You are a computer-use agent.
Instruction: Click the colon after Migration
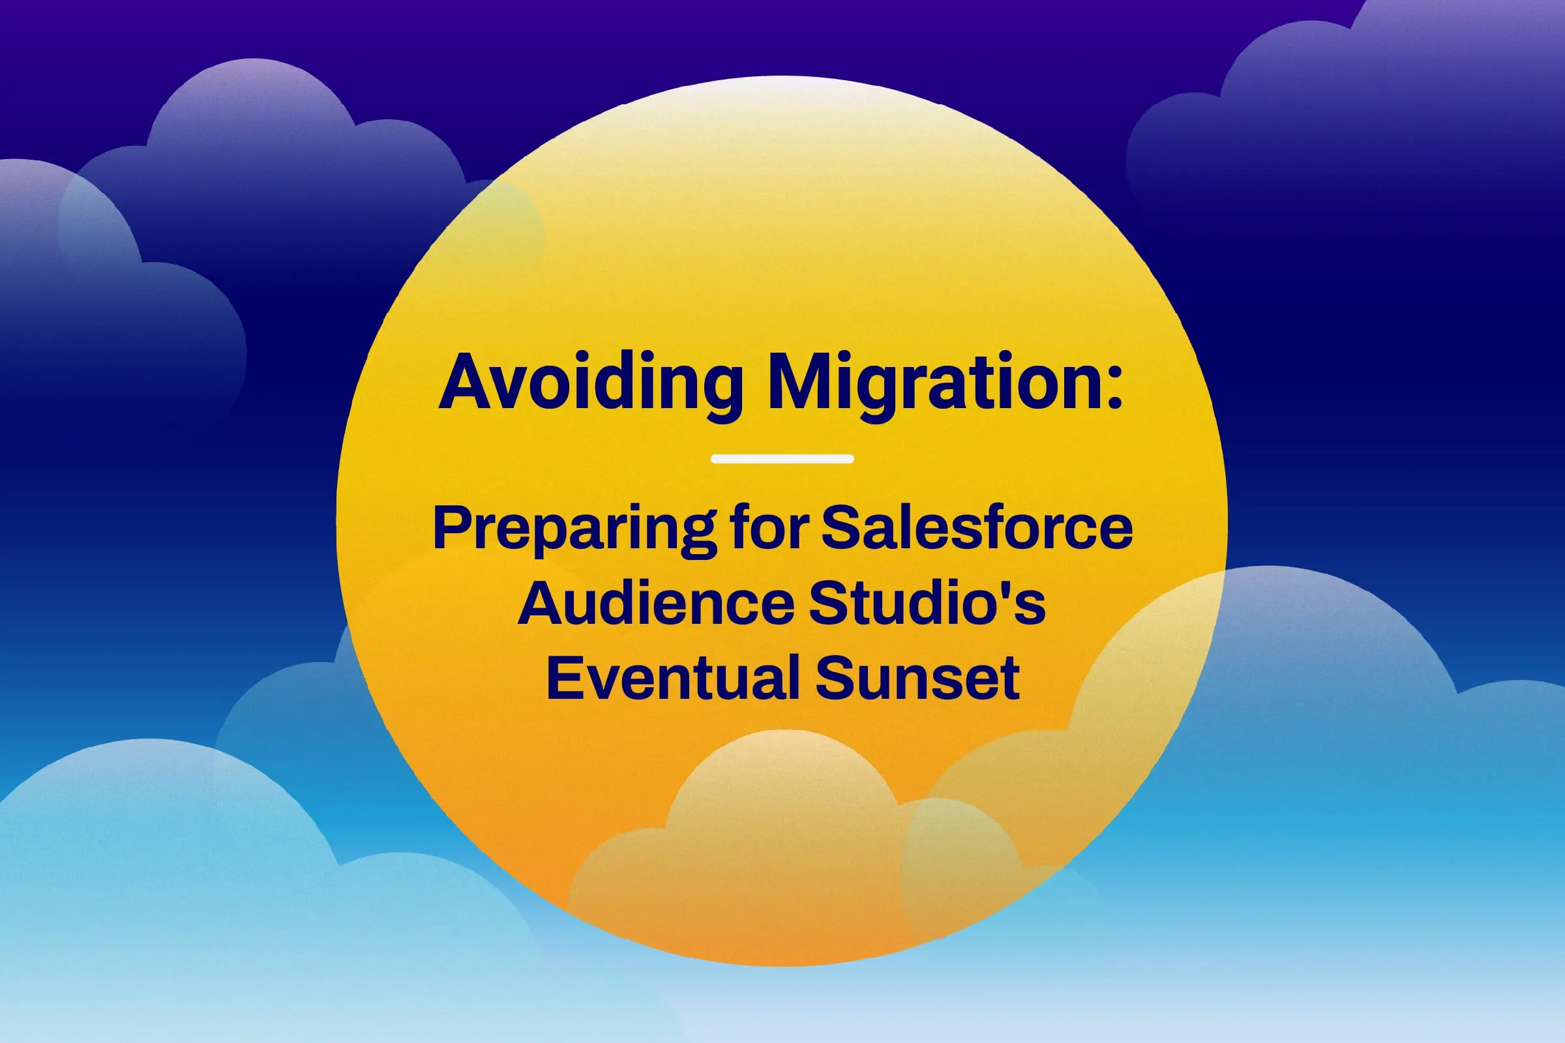(1113, 387)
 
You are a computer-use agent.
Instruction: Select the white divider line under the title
(782, 458)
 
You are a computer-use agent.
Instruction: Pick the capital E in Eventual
(563, 677)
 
